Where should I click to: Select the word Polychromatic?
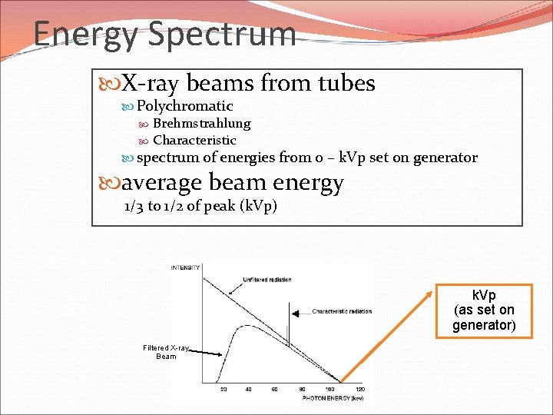tap(184, 106)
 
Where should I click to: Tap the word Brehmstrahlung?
tap(201, 124)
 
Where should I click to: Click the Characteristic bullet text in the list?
tap(194, 141)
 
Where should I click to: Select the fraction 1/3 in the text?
tap(134, 206)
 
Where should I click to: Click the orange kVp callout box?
tap(484, 310)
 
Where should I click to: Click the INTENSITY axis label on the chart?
tap(185, 267)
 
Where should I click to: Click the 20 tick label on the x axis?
tap(224, 390)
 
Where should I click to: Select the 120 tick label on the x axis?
tap(359, 390)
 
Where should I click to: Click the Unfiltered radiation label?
tap(267, 280)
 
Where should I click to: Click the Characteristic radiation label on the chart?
tap(342, 311)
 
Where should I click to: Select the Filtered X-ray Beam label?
tap(165, 352)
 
